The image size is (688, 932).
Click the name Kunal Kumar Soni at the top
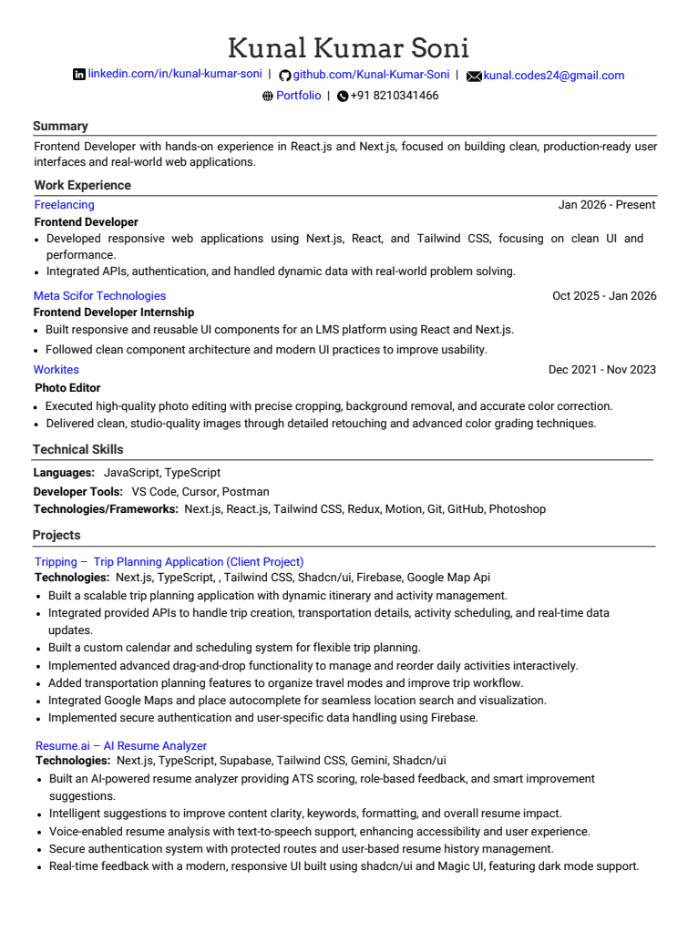click(348, 46)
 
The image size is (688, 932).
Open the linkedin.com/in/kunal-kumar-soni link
click(175, 75)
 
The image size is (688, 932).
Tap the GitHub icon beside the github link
click(284, 76)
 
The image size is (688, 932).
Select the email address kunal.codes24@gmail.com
click(553, 76)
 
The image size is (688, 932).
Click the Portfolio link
click(298, 96)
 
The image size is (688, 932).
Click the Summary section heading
click(60, 127)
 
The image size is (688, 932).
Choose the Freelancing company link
click(64, 205)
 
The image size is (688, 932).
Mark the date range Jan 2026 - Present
click(606, 205)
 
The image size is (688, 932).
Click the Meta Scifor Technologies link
click(99, 296)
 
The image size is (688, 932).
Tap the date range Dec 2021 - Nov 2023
click(601, 370)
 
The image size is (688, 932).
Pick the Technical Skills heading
click(77, 449)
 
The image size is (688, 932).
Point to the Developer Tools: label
click(77, 491)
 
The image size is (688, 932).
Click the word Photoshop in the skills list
click(517, 509)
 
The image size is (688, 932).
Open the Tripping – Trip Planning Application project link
click(169, 562)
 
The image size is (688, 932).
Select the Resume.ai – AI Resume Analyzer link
click(120, 746)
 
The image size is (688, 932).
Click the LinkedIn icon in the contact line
click(78, 75)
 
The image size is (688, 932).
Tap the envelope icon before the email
click(474, 77)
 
